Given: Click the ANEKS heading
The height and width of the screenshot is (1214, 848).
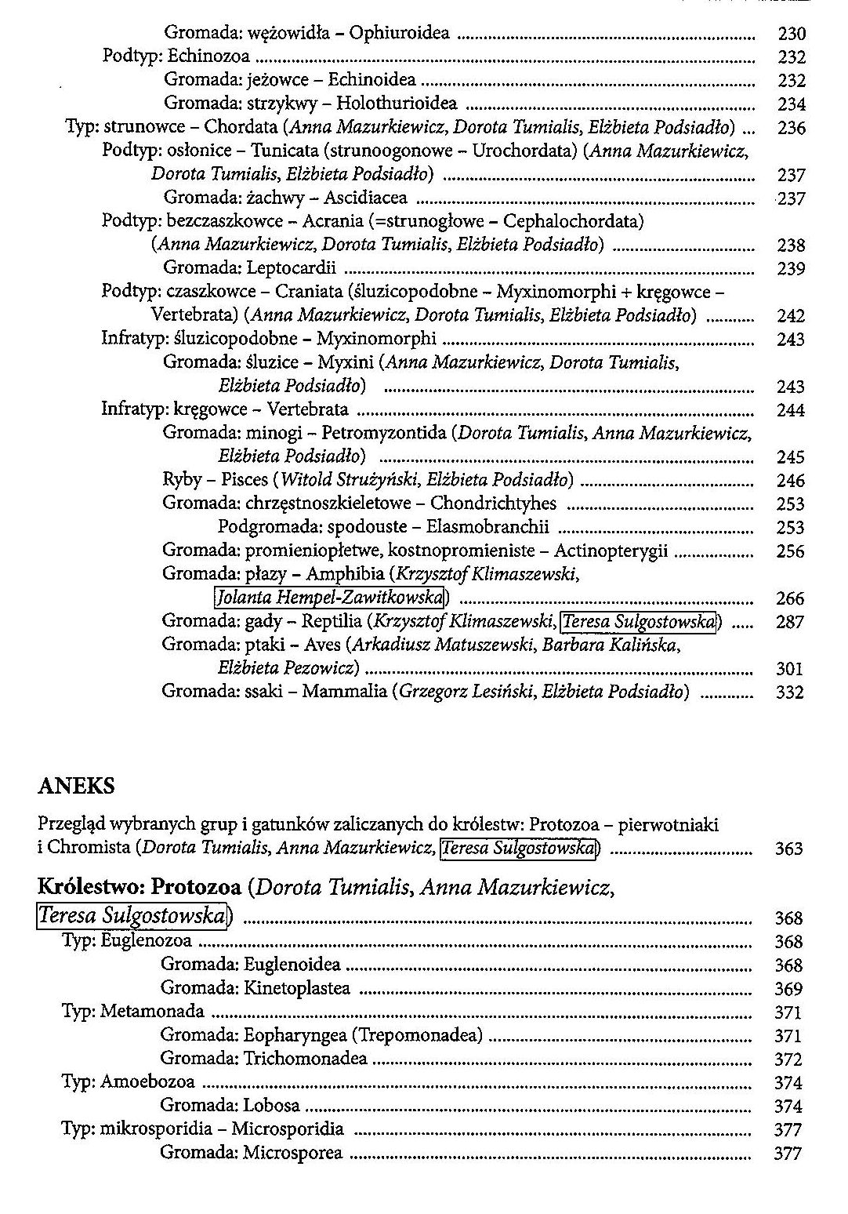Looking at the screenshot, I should click(x=76, y=786).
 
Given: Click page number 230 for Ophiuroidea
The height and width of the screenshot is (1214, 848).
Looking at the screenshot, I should click(x=791, y=34).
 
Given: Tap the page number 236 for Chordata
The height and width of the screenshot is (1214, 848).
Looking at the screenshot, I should click(x=791, y=128).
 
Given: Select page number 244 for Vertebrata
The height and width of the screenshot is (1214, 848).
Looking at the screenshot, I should click(x=790, y=410).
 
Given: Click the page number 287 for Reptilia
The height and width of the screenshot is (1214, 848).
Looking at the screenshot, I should click(x=790, y=622).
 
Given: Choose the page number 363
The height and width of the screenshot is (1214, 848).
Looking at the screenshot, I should click(x=788, y=849).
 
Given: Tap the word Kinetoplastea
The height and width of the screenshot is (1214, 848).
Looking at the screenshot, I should click(x=297, y=988).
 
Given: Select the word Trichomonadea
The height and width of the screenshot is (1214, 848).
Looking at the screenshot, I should click(x=306, y=1059).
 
